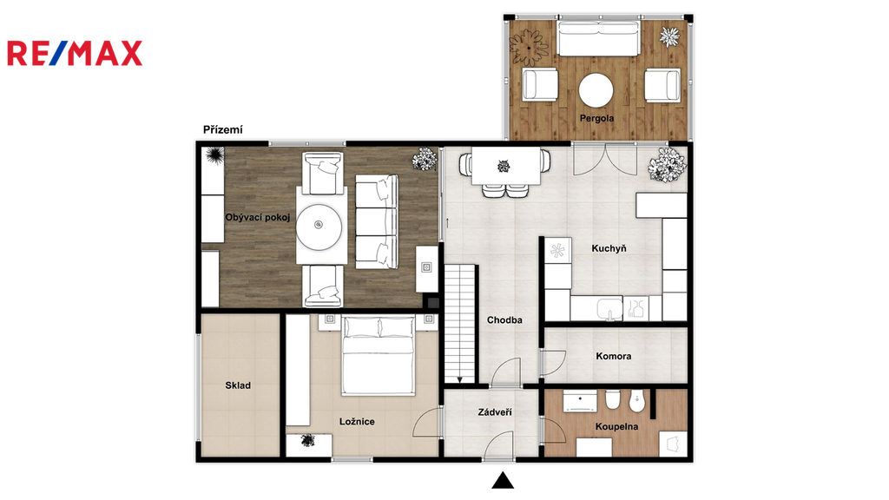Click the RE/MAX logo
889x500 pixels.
(75, 53)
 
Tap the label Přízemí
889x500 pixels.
(223, 130)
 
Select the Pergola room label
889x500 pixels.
(596, 118)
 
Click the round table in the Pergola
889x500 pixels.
(596, 90)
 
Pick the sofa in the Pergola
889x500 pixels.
(599, 38)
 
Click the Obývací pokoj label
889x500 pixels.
(258, 217)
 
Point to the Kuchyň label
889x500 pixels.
(609, 248)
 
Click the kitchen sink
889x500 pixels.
(609, 309)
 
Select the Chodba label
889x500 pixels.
(504, 320)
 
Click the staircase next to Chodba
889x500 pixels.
(460, 325)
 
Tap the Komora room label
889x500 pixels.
(614, 356)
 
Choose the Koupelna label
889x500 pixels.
(617, 427)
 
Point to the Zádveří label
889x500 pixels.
(494, 412)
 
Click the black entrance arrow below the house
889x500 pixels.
(503, 480)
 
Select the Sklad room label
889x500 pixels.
(238, 385)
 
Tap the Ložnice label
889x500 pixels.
(357, 422)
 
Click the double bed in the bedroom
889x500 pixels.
(379, 355)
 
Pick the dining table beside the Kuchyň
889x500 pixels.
(506, 166)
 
